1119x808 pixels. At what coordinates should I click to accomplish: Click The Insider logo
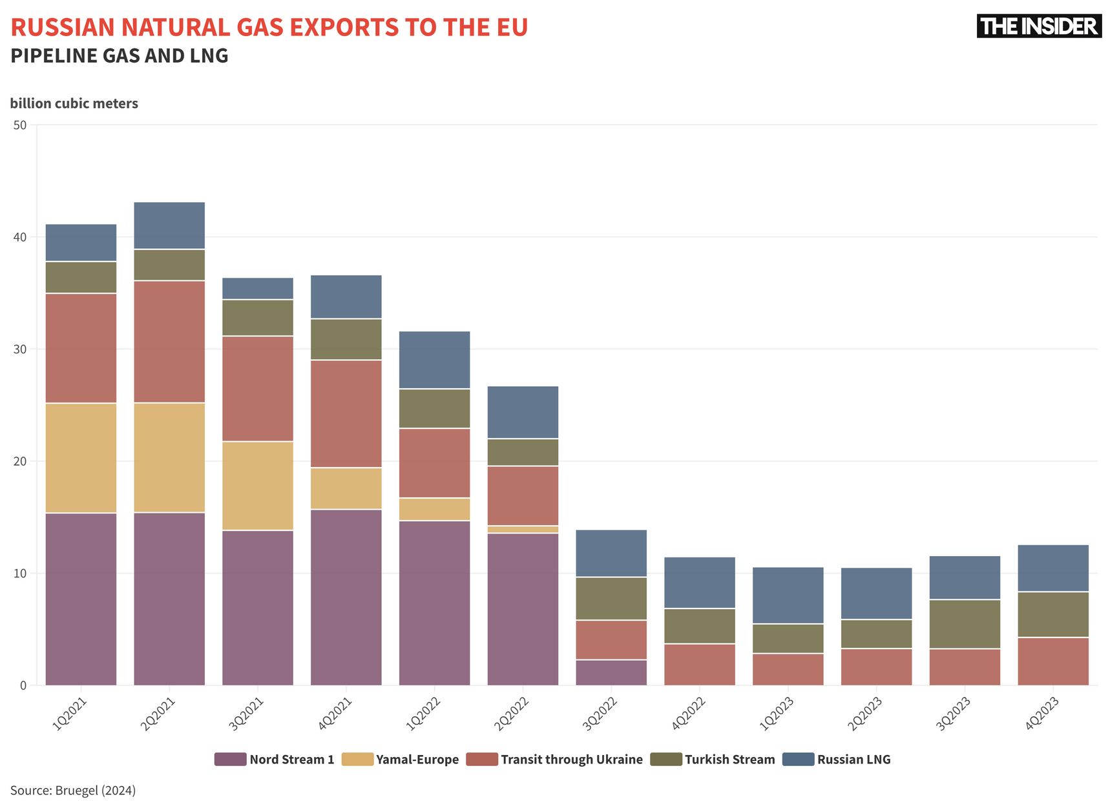coord(1038,26)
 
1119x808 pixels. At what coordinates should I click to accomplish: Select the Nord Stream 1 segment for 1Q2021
coord(81,599)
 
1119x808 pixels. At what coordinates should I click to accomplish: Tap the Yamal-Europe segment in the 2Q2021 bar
coord(169,457)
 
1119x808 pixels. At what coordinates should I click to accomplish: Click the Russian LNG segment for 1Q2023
coord(788,596)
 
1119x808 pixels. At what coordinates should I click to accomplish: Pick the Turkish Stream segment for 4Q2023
coord(1053,614)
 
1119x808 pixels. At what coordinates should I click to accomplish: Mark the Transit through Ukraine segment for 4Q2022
coord(700,664)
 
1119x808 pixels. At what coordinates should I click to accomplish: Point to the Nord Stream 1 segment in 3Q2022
coord(611,672)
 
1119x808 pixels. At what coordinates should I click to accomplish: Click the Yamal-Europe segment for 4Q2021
coord(346,488)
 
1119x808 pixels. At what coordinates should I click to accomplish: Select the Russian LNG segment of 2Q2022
coord(523,412)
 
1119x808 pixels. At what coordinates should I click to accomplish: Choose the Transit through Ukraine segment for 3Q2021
coord(258,389)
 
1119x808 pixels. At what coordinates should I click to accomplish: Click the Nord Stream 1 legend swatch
coord(230,759)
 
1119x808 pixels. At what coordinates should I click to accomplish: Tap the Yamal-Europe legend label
coord(417,760)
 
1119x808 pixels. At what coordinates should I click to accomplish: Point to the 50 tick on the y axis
coord(20,125)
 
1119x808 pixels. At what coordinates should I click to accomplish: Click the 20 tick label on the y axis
coord(20,461)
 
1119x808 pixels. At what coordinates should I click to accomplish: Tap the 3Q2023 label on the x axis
coord(954,714)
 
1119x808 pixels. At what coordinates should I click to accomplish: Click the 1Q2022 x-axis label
coord(423,714)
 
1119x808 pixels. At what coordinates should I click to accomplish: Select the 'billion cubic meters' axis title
coord(74,103)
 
